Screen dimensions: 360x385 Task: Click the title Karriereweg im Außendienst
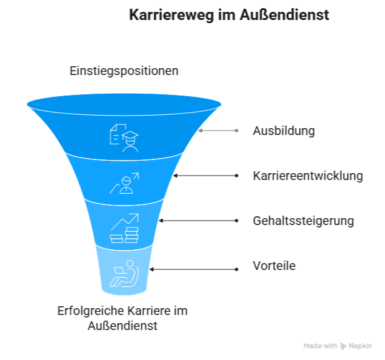point(229,15)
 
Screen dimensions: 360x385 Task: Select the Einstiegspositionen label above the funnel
point(124,71)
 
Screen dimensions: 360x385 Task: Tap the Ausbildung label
point(283,131)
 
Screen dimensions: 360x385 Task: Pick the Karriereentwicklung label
point(307,176)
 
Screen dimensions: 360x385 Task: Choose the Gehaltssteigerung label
point(303,221)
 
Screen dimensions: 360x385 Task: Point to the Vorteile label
point(274,266)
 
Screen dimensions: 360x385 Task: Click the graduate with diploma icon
point(124,137)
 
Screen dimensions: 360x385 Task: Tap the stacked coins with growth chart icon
point(124,228)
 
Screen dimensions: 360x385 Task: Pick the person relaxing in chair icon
point(124,273)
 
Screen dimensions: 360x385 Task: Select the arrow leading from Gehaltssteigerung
point(197,221)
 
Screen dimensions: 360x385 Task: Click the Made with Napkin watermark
point(337,345)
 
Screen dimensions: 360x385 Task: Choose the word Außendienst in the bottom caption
point(122,326)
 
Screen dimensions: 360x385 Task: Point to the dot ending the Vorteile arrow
point(236,269)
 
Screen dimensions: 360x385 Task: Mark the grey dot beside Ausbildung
point(236,131)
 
